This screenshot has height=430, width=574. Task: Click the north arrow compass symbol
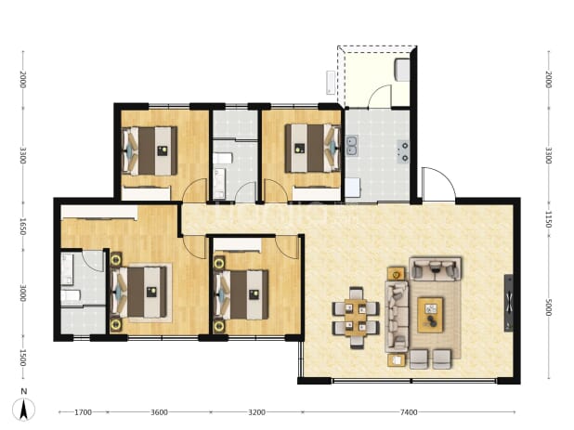pyautogui.click(x=24, y=410)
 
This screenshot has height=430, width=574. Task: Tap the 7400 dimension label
pyautogui.click(x=409, y=412)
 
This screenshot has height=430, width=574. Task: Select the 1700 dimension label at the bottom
pyautogui.click(x=83, y=412)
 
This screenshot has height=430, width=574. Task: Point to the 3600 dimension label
pyautogui.click(x=159, y=412)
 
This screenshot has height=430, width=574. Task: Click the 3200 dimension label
pyautogui.click(x=256, y=412)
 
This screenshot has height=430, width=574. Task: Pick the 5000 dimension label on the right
pyautogui.click(x=548, y=307)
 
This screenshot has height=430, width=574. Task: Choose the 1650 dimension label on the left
pyautogui.click(x=22, y=227)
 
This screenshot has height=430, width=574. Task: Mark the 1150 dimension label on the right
pyautogui.click(x=548, y=219)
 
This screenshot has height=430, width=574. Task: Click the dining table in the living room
pyautogui.click(x=356, y=318)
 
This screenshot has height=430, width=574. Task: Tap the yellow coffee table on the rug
pyautogui.click(x=430, y=315)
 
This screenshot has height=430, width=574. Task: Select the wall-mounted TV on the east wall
pyautogui.click(x=508, y=303)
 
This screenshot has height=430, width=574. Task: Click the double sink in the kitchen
pyautogui.click(x=352, y=145)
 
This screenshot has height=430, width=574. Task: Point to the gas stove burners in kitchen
pyautogui.click(x=403, y=151)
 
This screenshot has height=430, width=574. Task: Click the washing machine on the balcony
pyautogui.click(x=401, y=70)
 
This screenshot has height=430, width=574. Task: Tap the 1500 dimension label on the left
pyautogui.click(x=22, y=358)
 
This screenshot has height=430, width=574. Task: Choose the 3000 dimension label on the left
pyautogui.click(x=22, y=293)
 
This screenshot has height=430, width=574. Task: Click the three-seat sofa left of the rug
pyautogui.click(x=397, y=317)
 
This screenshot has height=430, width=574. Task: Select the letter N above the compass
pyautogui.click(x=24, y=391)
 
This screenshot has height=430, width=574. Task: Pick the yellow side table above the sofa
pyautogui.click(x=396, y=273)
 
